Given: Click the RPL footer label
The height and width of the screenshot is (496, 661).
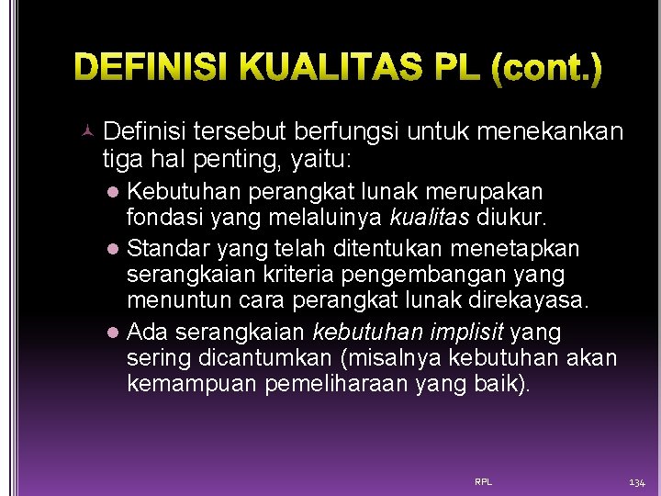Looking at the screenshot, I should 483,481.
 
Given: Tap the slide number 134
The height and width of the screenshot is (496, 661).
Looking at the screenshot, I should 637,481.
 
